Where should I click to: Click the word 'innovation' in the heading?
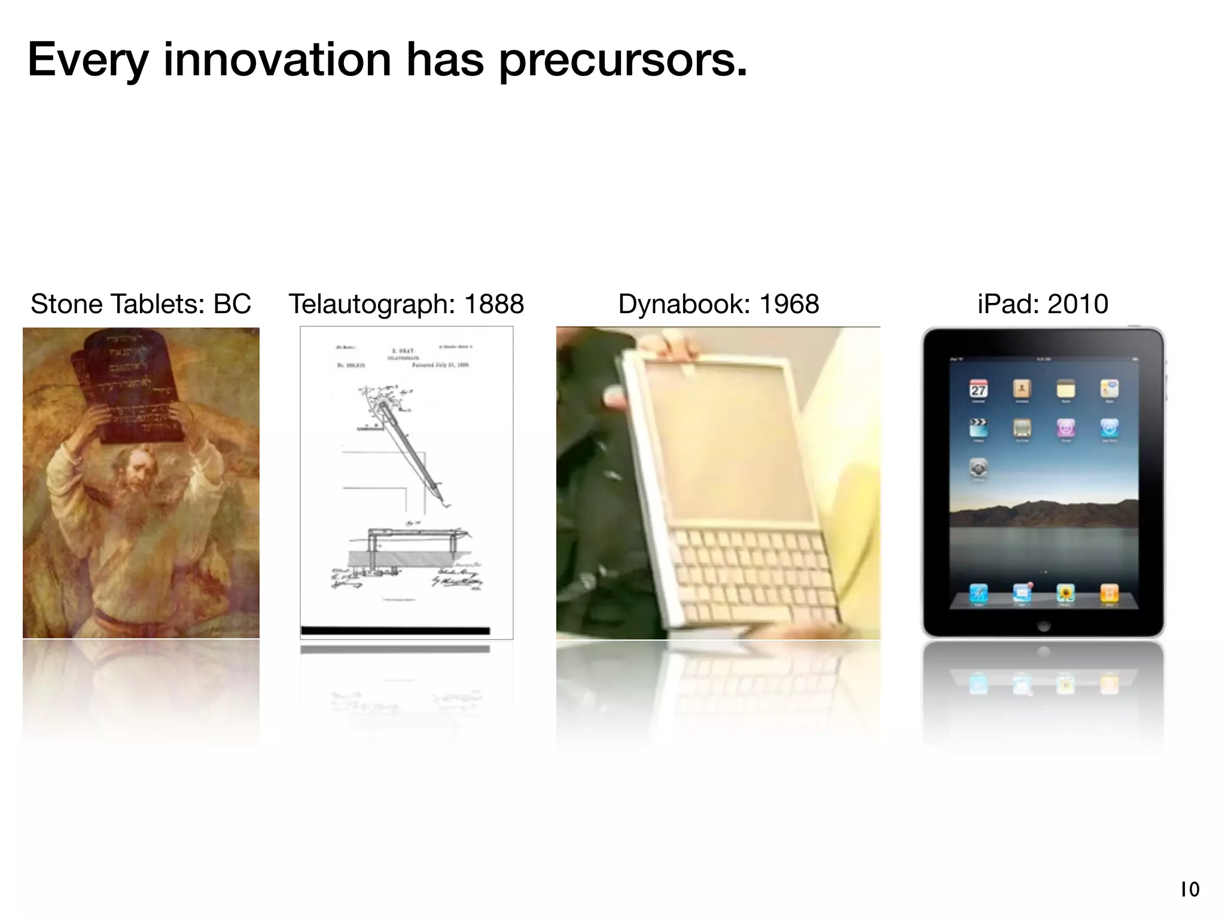point(277,60)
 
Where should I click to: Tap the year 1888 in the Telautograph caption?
point(494,304)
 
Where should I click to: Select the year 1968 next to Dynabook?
point(788,304)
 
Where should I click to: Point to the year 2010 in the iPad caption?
point(1078,304)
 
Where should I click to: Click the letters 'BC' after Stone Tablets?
point(232,304)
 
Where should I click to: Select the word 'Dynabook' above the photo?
point(684,304)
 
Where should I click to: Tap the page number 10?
point(1190,890)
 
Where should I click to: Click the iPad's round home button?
point(1043,626)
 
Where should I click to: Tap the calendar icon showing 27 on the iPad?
point(978,390)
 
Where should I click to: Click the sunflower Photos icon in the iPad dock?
point(1065,593)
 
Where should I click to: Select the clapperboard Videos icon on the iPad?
point(978,428)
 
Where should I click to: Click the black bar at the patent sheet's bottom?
point(395,631)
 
